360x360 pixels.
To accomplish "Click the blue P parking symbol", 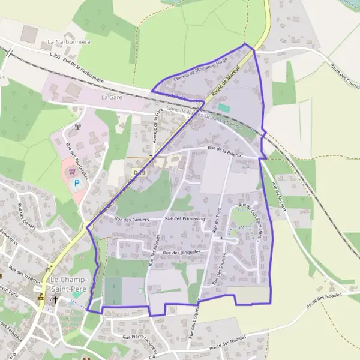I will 77,183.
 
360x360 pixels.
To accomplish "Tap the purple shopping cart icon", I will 73,171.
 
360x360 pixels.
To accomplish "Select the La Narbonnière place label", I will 68,43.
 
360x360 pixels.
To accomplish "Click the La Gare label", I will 112,97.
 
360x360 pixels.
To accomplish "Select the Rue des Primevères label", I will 185,219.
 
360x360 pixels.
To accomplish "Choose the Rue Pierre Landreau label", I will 139,342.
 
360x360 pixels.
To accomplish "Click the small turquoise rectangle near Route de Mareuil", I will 223,107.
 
